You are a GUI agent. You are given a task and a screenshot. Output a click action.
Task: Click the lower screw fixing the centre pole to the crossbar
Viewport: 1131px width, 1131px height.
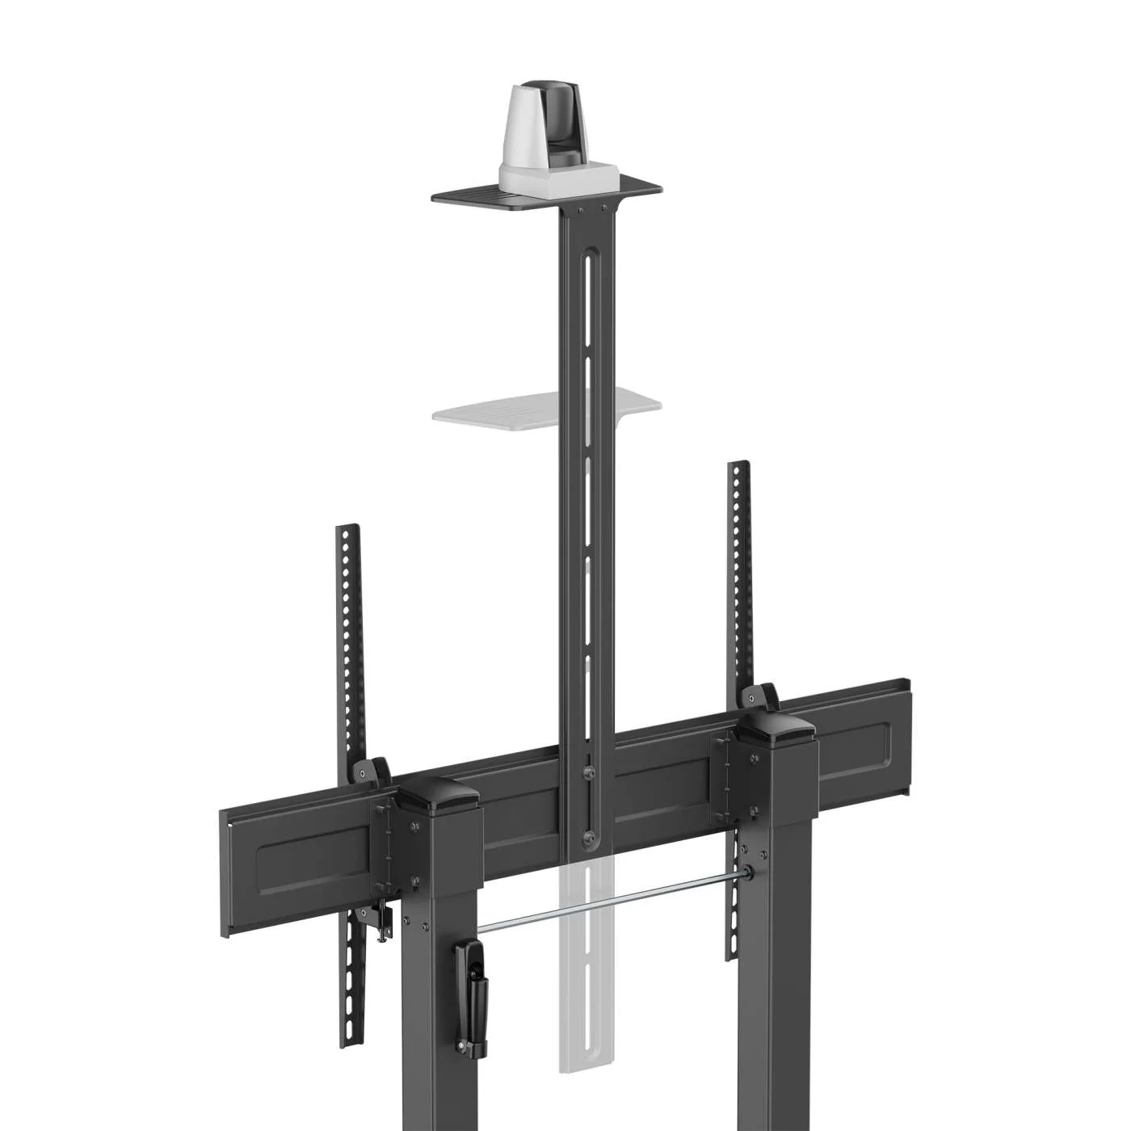[589, 835]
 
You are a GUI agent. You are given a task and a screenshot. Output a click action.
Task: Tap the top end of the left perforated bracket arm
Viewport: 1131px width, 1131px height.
[347, 534]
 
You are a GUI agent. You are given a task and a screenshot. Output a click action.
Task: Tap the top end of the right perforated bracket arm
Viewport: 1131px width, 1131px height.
[738, 469]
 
